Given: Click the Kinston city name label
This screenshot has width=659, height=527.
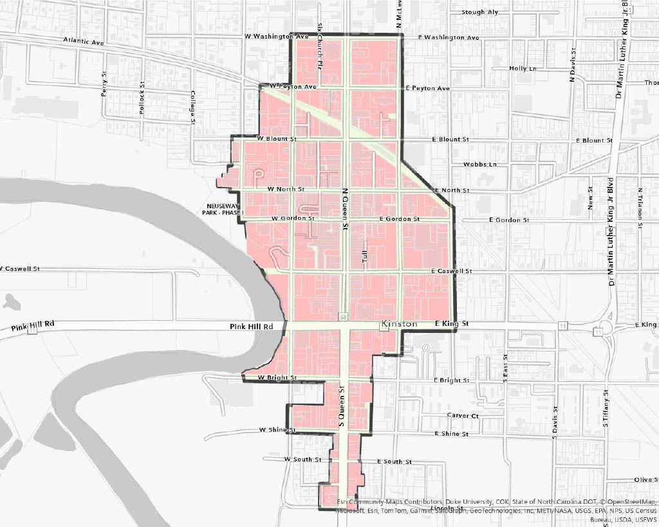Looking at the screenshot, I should coord(399,324).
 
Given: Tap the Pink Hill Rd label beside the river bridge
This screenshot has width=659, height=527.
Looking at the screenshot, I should coord(252,326).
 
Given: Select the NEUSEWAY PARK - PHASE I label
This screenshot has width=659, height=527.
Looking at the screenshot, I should coord(219,210).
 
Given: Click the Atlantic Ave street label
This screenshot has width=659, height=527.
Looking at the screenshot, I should coord(84,42).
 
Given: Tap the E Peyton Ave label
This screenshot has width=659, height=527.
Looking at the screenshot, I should coord(428,88).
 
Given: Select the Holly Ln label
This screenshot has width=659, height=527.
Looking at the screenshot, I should coord(522,68).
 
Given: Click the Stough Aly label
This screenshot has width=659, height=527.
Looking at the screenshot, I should coord(480,12).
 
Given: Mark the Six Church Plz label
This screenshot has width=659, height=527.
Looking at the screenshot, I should coord(319,51).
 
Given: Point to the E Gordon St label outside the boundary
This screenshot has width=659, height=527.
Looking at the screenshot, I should coord(509,220).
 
